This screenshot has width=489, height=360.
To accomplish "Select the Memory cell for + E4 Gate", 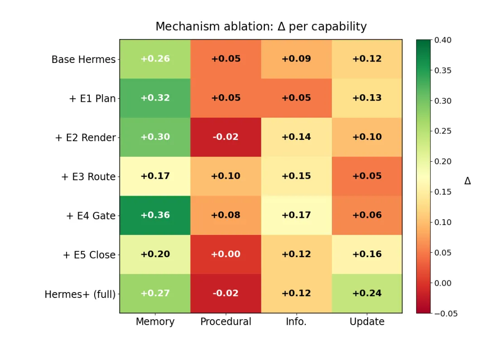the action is (155, 215).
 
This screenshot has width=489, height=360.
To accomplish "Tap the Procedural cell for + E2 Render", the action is (226, 137).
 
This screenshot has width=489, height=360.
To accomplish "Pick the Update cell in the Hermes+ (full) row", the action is (367, 293).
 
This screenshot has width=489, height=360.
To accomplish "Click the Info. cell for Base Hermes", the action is (296, 59).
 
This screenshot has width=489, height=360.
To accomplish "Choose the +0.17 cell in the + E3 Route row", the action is (155, 176).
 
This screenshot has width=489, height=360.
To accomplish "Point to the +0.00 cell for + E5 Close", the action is (226, 254).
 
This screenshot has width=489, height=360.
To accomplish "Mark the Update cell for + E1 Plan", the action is (367, 98).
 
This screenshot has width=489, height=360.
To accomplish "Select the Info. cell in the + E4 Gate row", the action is (296, 215).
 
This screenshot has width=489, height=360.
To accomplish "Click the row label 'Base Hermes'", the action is (84, 59).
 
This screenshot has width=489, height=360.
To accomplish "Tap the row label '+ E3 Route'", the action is (89, 177).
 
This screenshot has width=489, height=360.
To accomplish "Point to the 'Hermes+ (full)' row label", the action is (80, 294).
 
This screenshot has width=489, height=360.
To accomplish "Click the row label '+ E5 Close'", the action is (89, 255).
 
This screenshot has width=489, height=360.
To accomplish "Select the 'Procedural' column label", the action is (226, 322).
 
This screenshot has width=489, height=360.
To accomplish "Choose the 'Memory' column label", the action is (155, 322).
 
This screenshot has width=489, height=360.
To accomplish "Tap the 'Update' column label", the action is (367, 322).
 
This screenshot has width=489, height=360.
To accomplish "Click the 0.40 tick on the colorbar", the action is (443, 40).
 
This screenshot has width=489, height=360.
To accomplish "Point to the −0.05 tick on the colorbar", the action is (446, 313).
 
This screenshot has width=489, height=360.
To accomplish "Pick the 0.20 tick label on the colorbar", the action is (443, 161).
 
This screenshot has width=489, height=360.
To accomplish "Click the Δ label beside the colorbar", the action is (467, 181).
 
